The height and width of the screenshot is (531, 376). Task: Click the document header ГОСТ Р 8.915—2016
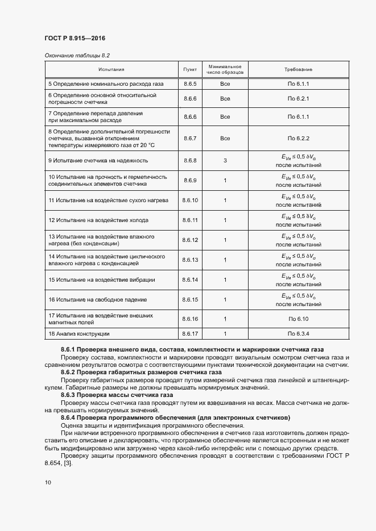point(75,39)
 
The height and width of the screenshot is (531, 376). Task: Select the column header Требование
point(298,69)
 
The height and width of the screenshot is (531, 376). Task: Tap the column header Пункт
point(190,69)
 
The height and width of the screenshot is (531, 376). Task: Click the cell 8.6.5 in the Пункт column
point(190,84)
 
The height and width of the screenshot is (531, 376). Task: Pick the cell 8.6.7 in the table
point(190,138)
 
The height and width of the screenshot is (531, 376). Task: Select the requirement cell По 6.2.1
point(298,98)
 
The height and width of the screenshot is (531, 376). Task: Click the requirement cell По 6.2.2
point(298,138)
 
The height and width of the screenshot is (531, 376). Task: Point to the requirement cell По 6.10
point(298,319)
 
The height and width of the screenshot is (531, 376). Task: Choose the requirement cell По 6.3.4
point(298,334)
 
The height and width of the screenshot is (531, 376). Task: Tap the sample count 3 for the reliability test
point(225,161)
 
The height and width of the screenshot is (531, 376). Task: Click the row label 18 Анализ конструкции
point(79,334)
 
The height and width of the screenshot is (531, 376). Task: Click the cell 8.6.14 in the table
point(190,279)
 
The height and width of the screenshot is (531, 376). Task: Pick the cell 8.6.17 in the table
point(190,334)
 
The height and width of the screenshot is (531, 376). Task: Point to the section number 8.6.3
point(69,394)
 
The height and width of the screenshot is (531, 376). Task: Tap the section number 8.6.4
point(69,417)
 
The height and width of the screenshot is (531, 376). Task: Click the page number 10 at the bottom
point(48,482)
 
